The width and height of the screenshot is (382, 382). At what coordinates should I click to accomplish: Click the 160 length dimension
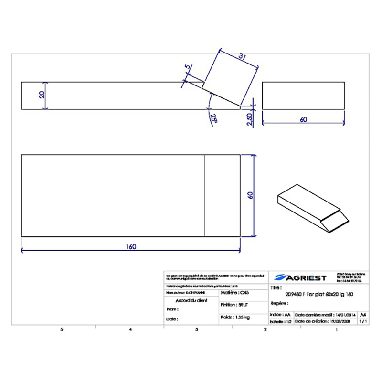(131, 246)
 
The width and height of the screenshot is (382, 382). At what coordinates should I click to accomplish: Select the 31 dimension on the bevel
(242, 57)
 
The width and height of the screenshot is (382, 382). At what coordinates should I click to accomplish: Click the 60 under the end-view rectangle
(303, 120)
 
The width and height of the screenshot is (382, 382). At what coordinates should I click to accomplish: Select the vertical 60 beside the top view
(249, 196)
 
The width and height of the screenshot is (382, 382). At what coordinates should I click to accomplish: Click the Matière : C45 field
(235, 292)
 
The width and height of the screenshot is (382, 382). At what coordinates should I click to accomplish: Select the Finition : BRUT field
(234, 304)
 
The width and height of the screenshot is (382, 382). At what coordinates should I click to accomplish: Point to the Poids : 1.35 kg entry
(235, 317)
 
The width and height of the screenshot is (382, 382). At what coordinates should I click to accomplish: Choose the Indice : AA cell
(280, 315)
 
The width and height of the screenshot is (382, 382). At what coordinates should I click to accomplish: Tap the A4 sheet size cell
(364, 315)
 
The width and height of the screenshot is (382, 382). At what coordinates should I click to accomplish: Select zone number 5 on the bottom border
(61, 329)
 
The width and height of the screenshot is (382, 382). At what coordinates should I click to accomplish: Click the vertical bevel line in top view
(204, 195)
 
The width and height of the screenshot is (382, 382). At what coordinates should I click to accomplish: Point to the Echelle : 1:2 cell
(281, 322)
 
